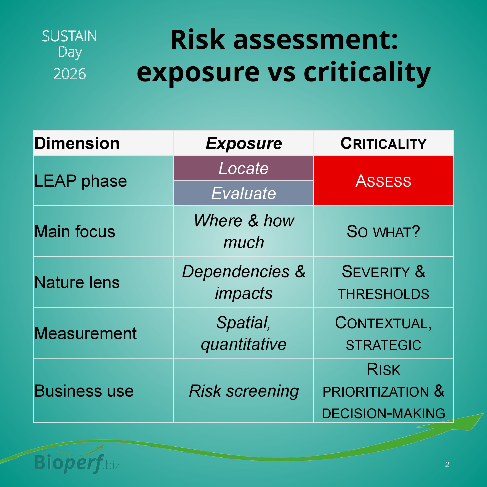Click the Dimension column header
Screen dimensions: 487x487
pyautogui.click(x=77, y=143)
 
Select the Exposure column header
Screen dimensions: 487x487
pyautogui.click(x=243, y=143)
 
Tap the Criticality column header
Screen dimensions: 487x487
pyautogui.click(x=383, y=143)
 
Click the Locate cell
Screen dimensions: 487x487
pyautogui.click(x=243, y=168)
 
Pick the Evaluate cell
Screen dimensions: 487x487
pyautogui.click(x=243, y=193)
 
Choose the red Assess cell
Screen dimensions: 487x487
pyautogui.click(x=383, y=181)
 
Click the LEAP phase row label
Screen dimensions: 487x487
pyautogui.click(x=80, y=181)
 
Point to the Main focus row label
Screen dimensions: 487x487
pyautogui.click(x=75, y=231)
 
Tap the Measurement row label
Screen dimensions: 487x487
pyautogui.click(x=85, y=333)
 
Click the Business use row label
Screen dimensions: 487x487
pyautogui.click(x=84, y=391)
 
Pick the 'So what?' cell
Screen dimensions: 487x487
pyautogui.click(x=383, y=231)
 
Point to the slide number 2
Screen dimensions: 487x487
pyautogui.click(x=447, y=465)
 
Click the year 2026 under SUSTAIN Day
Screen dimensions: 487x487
pyautogui.click(x=70, y=74)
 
